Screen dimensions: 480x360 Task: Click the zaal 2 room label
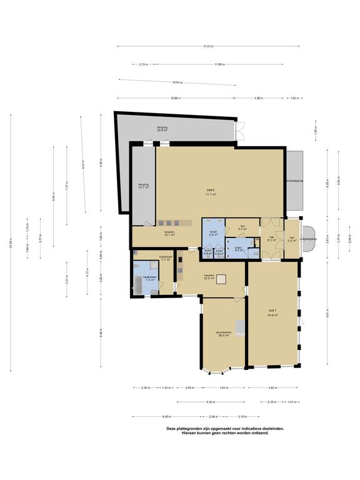point(211,192)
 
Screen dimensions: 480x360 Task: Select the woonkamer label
point(223,334)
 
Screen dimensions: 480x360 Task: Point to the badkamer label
point(149,278)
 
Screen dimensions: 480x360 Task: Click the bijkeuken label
point(165,258)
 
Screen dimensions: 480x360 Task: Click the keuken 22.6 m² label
point(209,277)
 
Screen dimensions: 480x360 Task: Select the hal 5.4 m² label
point(242,228)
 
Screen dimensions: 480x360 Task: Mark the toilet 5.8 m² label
point(213,232)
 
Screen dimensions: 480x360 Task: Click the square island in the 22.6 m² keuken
point(219,280)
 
